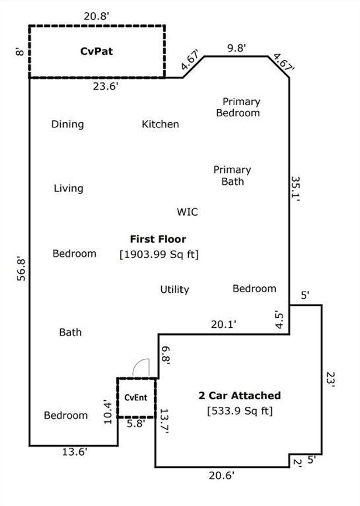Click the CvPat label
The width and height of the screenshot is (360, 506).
[x=96, y=51]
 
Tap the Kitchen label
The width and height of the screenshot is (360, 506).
[x=160, y=124]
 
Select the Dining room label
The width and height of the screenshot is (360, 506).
[x=68, y=124]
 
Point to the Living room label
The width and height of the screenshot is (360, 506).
[x=69, y=188]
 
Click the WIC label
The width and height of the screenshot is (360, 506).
[x=187, y=212]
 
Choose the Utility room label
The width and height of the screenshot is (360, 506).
[x=174, y=290]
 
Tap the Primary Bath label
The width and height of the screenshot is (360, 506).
[x=232, y=175]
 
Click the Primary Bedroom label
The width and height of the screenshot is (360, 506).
[x=238, y=107]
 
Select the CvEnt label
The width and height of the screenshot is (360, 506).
[x=136, y=397]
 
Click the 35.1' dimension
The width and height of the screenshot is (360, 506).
[x=296, y=189]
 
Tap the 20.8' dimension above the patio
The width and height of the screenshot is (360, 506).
[x=96, y=16]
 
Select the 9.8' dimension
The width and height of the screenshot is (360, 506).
[x=236, y=48]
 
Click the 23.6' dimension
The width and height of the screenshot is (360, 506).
[x=106, y=86]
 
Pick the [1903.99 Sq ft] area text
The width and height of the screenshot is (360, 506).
[x=159, y=255]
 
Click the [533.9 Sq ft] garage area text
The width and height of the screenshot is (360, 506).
[x=240, y=411]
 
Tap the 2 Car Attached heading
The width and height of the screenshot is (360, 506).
[x=240, y=396]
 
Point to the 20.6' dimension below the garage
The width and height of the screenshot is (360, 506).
[x=222, y=476]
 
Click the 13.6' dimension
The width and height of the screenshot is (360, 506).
[x=75, y=452]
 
